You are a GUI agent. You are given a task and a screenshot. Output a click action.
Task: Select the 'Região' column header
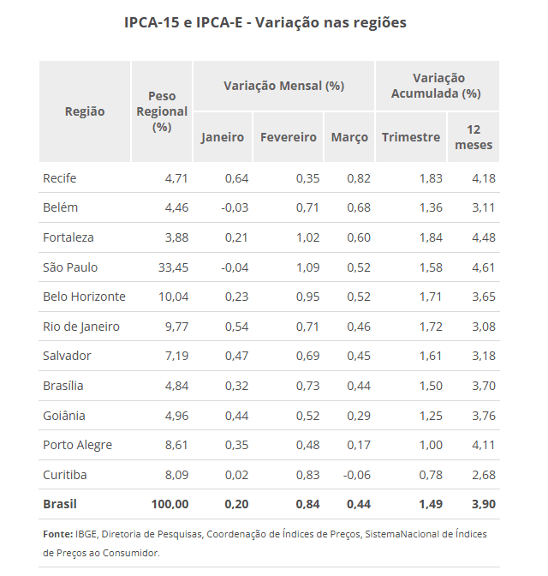[x=85, y=111]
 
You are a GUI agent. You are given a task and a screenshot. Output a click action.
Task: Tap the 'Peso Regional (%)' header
[x=162, y=111]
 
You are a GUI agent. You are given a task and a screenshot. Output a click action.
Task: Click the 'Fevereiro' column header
[x=288, y=137]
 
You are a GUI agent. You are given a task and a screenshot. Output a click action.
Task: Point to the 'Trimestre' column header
[x=411, y=137]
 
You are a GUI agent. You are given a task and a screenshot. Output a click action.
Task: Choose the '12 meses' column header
[x=474, y=137]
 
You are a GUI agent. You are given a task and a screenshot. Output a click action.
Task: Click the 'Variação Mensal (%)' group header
[x=283, y=86]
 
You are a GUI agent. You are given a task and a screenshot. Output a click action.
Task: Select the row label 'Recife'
[x=60, y=178]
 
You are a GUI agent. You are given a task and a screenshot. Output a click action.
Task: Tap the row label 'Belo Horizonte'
[x=84, y=297]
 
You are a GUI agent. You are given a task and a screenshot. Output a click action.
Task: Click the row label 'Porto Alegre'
[x=77, y=445]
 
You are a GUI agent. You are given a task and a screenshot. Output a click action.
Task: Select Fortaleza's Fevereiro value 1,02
[x=305, y=237]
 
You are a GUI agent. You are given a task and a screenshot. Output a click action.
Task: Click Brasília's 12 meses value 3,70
[x=483, y=386]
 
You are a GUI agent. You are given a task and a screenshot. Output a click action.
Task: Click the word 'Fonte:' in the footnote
[x=57, y=534]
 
